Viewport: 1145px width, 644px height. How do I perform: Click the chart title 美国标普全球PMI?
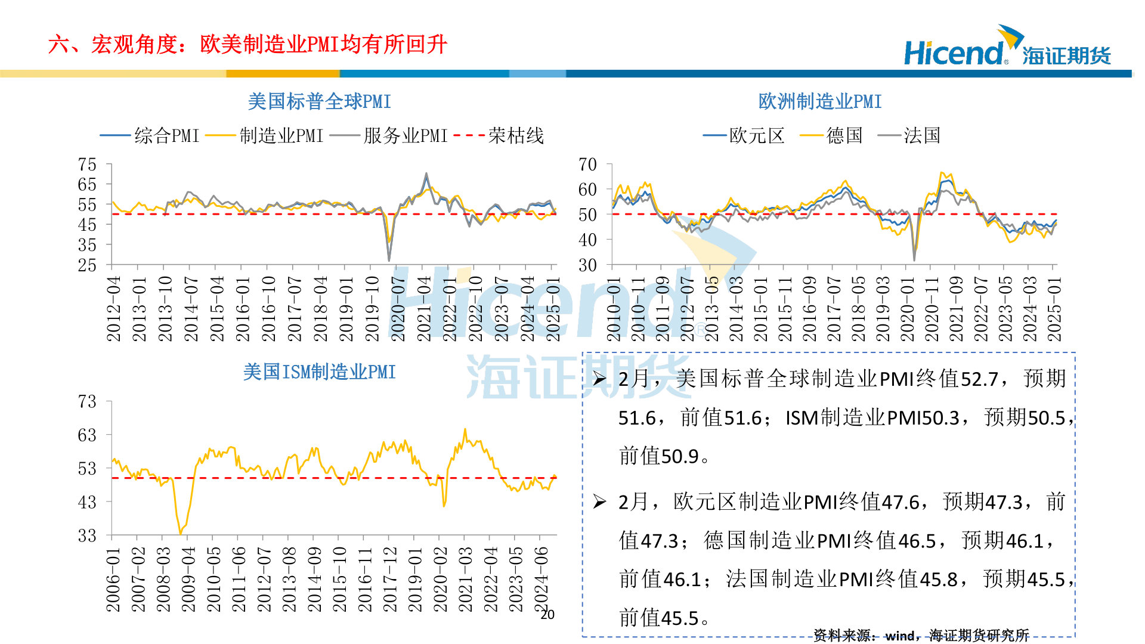319,101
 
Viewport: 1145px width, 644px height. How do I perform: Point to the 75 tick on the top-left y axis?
87,165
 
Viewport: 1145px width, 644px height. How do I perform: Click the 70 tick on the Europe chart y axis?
587,165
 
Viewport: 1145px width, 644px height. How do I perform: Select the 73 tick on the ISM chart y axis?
87,401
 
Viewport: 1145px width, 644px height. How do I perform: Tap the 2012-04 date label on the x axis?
113,308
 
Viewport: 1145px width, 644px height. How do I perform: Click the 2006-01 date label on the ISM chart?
113,580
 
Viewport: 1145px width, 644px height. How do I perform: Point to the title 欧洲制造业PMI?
819,101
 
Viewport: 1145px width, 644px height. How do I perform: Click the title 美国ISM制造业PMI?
319,372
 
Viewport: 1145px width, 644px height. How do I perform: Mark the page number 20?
547,615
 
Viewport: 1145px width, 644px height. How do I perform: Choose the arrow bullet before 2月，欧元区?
599,502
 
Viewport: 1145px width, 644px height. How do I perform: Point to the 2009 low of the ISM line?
180,532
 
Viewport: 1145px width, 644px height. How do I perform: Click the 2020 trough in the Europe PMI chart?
914,258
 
